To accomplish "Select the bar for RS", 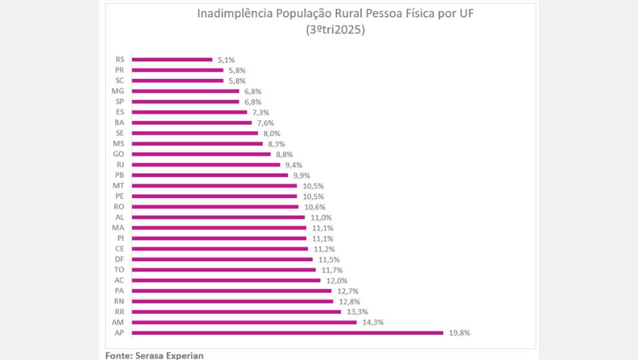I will [x=172, y=60].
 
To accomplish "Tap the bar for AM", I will [x=244, y=322].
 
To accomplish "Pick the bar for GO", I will [x=201, y=154].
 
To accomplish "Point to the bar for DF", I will [x=222, y=259].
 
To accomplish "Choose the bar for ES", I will [x=189, y=112].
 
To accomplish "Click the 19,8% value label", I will [x=459, y=333].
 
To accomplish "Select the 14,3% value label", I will [x=373, y=322].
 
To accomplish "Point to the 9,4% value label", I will [x=294, y=164].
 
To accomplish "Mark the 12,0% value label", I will [x=337, y=281].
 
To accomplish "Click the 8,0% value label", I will [x=271, y=133].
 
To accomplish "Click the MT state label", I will [x=118, y=185].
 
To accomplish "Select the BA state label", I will [x=119, y=122].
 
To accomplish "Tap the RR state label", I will [x=119, y=312].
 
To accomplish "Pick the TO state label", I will [x=119, y=270].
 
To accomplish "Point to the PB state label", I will [x=119, y=175].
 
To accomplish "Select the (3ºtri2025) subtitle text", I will [x=336, y=31].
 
